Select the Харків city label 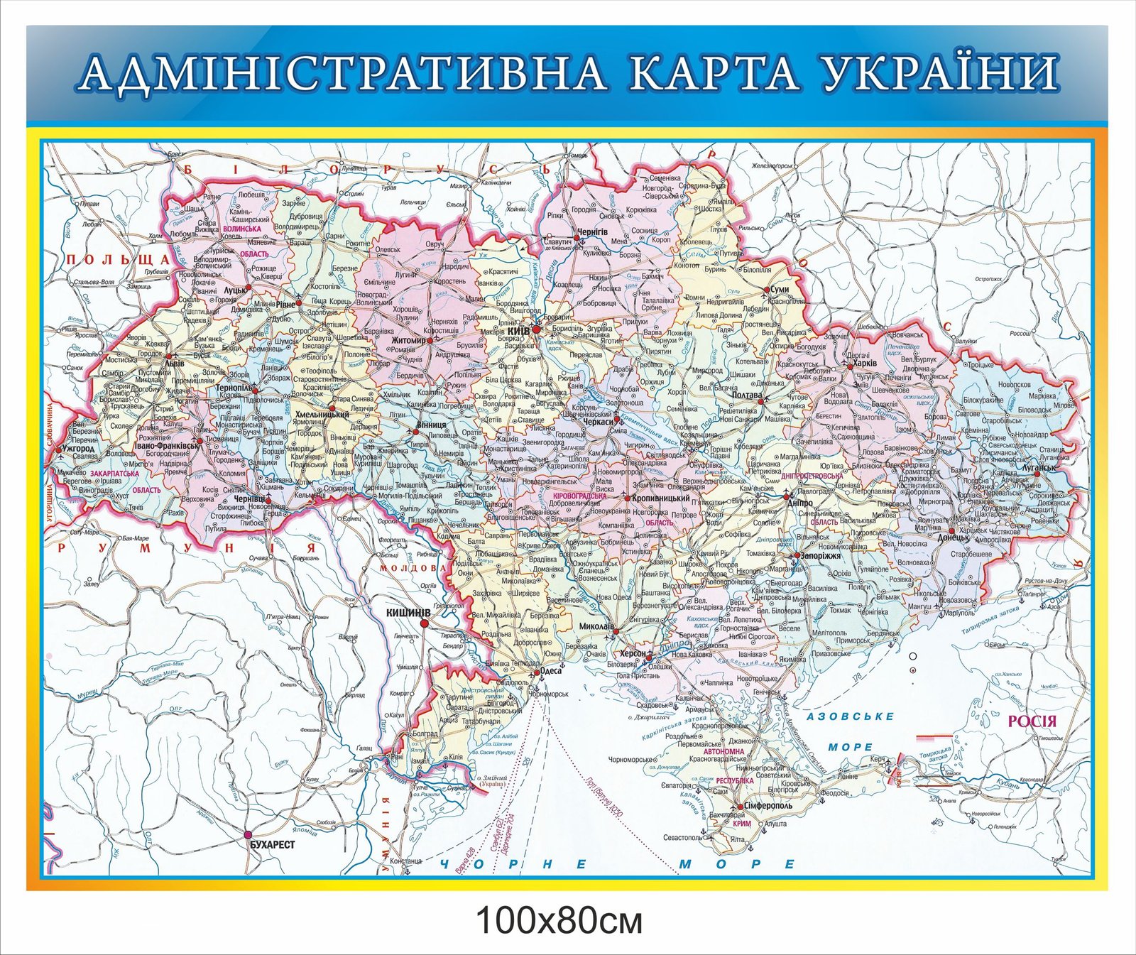[x=864, y=363]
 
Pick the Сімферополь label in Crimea [x=769, y=807]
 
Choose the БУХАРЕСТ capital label [x=273, y=844]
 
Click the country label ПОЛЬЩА [x=118, y=260]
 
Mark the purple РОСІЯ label [x=1032, y=721]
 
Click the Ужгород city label [x=78, y=449]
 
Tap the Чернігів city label [x=593, y=232]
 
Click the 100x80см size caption [x=559, y=921]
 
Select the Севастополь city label [x=682, y=838]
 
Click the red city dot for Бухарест [x=248, y=834]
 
